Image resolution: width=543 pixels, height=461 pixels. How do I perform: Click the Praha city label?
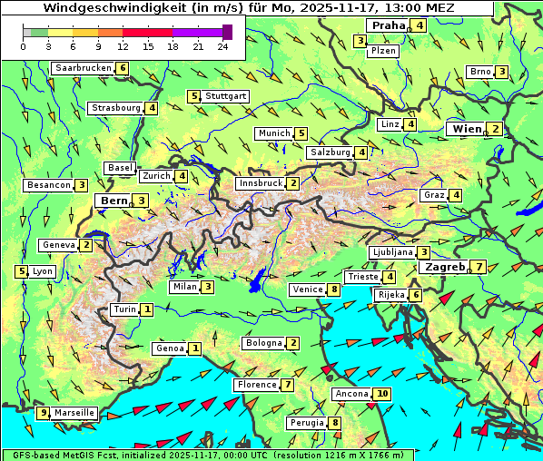386,25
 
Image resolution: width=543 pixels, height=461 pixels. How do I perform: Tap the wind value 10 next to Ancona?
382,394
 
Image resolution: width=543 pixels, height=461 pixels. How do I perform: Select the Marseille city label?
74,413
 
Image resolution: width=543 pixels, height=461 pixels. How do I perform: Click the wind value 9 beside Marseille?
43,413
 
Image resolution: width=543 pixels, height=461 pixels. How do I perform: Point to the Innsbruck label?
259,183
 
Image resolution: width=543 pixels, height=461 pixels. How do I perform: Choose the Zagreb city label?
444,268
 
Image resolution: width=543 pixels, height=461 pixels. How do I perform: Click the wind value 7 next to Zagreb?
479,267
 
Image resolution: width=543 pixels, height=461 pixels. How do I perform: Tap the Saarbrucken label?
83,68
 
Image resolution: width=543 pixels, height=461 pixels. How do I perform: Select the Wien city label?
467,129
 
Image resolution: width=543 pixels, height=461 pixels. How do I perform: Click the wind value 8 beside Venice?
335,289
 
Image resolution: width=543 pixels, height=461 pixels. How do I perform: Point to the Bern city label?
114,201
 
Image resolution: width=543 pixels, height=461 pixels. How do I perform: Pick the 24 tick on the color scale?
222,45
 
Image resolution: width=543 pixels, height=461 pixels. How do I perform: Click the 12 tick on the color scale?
123,45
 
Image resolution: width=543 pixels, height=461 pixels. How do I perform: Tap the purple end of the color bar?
227,32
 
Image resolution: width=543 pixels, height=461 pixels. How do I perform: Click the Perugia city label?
306,423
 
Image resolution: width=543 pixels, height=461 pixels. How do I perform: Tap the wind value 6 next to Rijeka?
415,295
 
